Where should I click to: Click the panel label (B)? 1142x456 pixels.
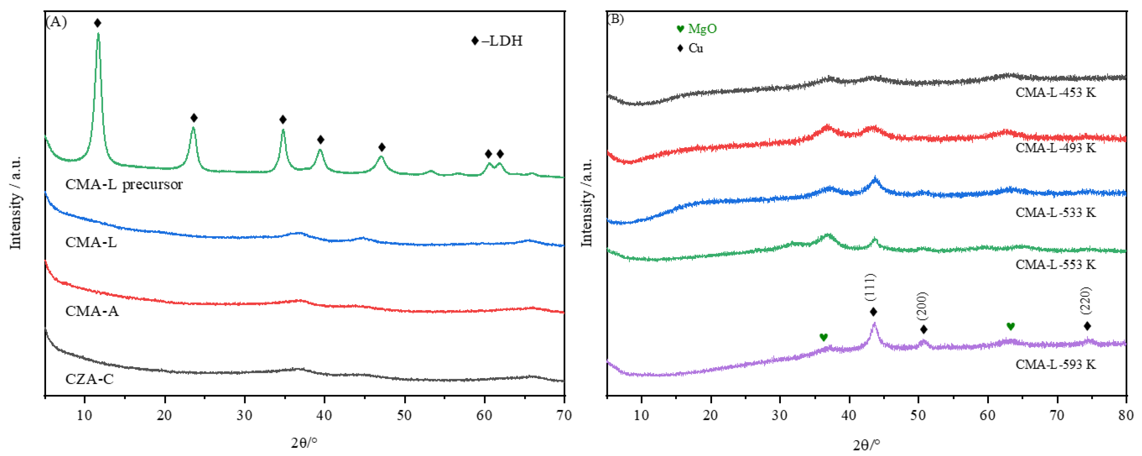point(616,19)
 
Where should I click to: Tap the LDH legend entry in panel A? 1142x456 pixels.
point(498,41)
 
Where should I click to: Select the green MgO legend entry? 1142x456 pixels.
point(696,29)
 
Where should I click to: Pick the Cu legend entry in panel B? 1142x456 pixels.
point(690,48)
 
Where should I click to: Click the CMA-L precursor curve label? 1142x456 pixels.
point(124,184)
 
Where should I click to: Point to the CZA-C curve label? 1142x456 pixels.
point(90,379)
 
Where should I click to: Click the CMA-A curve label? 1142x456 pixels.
point(92,311)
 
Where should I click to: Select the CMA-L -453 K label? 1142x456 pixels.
point(1056,93)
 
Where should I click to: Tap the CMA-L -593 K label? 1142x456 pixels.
point(1056,364)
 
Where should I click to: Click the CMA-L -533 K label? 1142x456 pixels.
point(1056,212)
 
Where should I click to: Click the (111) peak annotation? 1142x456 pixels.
point(870,288)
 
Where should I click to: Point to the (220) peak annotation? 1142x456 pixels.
point(1086,301)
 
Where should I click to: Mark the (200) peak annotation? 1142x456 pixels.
point(922,306)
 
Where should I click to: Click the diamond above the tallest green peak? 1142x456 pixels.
point(98,23)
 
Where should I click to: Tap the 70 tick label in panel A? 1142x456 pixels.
point(563,416)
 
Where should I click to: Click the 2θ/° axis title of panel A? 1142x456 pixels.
point(304,442)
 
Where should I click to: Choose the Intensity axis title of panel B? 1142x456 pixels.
point(586,202)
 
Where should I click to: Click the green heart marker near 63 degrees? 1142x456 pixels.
point(1011,327)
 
